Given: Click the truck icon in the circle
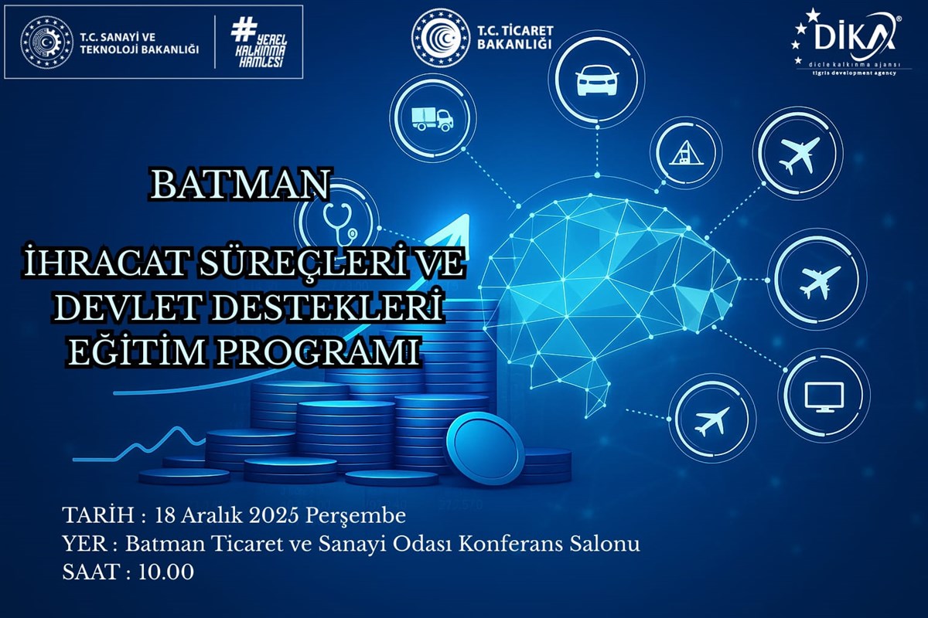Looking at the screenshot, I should [x=432, y=118].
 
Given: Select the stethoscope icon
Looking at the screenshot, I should [x=340, y=220].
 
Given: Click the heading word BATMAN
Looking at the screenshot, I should [x=241, y=184].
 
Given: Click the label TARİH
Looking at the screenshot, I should [x=90, y=514].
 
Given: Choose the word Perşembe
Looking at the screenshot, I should [x=356, y=514].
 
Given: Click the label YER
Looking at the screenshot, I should [x=80, y=544].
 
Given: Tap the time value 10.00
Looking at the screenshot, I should [x=166, y=572].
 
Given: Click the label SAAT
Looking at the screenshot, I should [x=90, y=572].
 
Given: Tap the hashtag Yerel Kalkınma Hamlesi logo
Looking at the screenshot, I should [x=252, y=42].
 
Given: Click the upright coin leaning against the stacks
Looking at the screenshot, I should [x=485, y=448].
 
